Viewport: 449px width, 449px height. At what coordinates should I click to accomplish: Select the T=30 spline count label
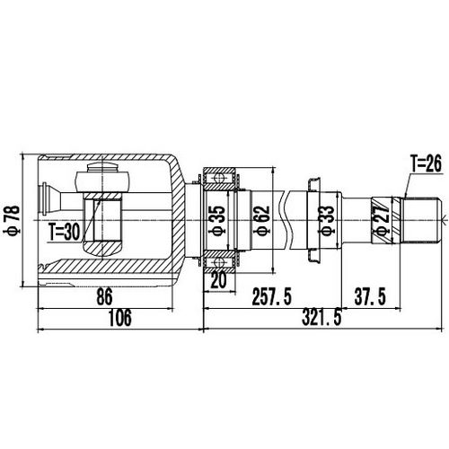click(x=66, y=231)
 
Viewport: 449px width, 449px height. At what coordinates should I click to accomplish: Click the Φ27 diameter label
click(x=382, y=220)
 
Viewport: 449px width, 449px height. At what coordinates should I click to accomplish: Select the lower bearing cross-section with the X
click(x=220, y=263)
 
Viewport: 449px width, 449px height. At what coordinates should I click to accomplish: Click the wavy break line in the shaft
click(x=286, y=218)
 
